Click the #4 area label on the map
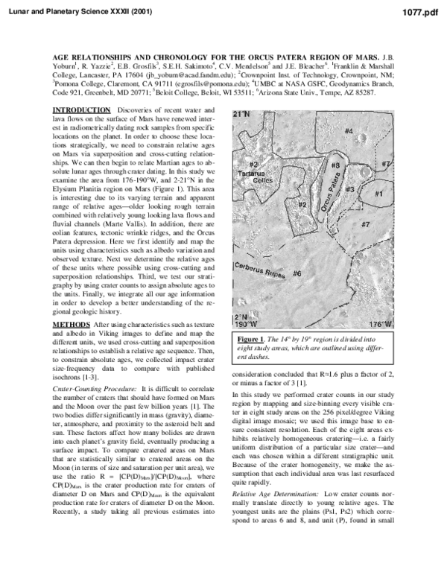pos(348,131)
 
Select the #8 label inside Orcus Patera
pos(335,165)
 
